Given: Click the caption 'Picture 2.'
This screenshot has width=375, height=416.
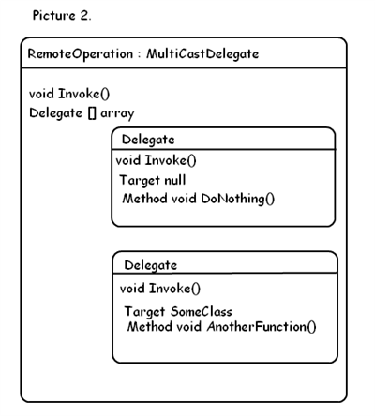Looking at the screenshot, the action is (62, 15).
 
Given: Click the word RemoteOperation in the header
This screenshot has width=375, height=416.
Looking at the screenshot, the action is (81, 54).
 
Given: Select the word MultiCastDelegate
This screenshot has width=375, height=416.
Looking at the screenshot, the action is (202, 54).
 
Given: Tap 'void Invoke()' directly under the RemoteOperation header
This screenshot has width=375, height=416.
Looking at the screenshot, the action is (69, 94).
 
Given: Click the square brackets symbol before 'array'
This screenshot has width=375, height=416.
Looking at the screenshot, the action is (92, 113).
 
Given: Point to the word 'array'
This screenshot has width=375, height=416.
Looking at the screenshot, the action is (117, 113).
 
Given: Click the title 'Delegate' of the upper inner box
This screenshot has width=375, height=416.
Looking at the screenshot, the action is (148, 140).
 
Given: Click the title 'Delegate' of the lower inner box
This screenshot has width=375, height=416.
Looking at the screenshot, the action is (151, 265).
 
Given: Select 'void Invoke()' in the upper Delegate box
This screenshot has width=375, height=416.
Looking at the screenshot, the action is (156, 160).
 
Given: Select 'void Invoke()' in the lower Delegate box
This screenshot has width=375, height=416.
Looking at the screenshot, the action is (160, 289).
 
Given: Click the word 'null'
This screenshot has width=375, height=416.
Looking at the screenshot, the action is (175, 180).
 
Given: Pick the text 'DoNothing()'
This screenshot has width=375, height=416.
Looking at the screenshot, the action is (238, 199).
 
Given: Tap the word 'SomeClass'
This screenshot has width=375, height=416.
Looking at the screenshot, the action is (202, 311).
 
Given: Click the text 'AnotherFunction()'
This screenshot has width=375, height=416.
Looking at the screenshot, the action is (262, 327).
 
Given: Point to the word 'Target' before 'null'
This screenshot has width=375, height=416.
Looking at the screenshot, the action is (140, 181).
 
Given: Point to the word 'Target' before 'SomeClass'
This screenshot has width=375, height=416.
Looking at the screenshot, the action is (144, 312).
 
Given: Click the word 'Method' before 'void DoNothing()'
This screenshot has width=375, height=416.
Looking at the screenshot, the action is (144, 199).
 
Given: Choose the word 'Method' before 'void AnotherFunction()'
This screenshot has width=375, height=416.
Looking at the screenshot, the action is (150, 327).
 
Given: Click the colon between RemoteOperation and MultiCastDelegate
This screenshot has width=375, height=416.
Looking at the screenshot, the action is (140, 55).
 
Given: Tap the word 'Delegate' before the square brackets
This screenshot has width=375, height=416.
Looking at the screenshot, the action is (55, 113).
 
